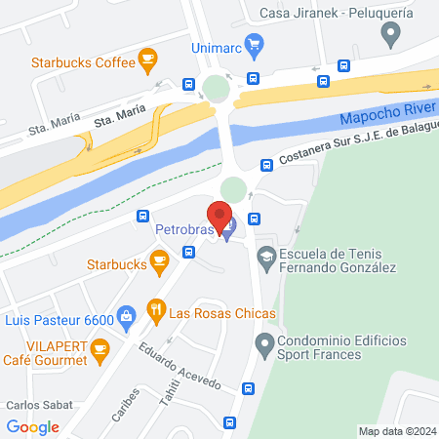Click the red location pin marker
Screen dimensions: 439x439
click(x=219, y=215)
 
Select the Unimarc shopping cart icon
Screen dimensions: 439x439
click(x=255, y=44)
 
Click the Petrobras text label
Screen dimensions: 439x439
click(x=182, y=230)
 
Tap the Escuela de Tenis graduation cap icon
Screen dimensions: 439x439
click(x=264, y=256)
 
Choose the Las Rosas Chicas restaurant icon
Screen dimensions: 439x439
click(x=154, y=313)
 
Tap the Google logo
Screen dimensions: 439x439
click(x=33, y=427)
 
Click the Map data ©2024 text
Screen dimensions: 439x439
click(x=397, y=431)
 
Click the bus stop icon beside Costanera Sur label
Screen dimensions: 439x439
click(x=266, y=167)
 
